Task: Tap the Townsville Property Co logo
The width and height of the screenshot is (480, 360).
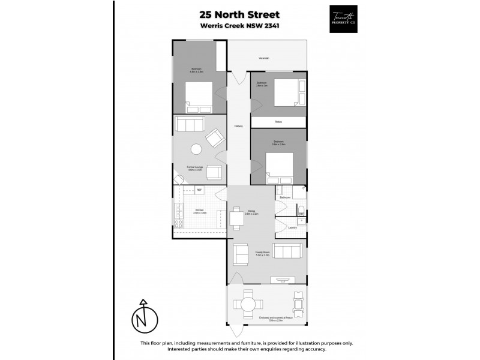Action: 344,19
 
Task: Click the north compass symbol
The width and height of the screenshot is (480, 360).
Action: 143,317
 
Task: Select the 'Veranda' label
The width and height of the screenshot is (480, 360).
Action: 263,58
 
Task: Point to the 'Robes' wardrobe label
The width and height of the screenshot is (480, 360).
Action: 278,122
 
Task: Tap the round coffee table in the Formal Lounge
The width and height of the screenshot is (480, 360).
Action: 196,150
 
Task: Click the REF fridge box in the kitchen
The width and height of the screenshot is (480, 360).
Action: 200,190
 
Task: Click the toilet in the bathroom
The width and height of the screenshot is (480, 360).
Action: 302,210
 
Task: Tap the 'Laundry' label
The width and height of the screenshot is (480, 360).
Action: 292,227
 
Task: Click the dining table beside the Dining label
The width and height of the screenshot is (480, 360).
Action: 235,218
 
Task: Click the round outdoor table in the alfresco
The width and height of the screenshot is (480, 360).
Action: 247,304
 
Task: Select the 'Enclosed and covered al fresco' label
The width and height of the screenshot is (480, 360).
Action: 275,317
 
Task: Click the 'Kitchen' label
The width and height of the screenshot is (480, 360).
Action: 200,211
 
